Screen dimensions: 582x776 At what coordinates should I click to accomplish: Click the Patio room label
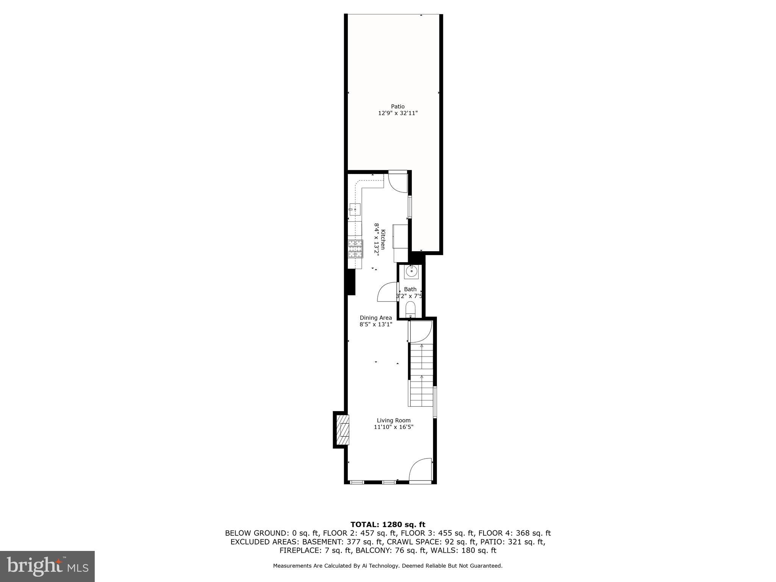pyautogui.click(x=397, y=106)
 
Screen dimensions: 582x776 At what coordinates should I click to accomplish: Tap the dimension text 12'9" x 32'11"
pyautogui.click(x=397, y=113)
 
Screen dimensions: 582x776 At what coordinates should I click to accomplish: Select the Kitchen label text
pyautogui.click(x=383, y=239)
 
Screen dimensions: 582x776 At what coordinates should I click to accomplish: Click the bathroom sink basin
pyautogui.click(x=411, y=272)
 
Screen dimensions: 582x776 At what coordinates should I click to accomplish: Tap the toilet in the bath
pyautogui.click(x=410, y=309)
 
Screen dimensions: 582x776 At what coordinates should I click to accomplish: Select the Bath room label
pyautogui.click(x=410, y=289)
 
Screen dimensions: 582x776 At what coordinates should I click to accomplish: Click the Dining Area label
pyautogui.click(x=375, y=318)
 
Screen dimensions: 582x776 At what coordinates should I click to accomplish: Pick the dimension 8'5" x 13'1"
pyautogui.click(x=375, y=324)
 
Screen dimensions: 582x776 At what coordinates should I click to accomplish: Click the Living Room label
pyautogui.click(x=393, y=420)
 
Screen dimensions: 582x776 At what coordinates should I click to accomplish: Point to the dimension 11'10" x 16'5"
pyautogui.click(x=393, y=427)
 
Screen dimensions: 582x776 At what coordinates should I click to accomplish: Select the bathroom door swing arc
pyautogui.click(x=386, y=292)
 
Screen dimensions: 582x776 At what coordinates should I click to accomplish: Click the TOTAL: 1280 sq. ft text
pyautogui.click(x=388, y=525)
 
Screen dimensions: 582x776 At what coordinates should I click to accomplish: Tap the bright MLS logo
pyautogui.click(x=47, y=566)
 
